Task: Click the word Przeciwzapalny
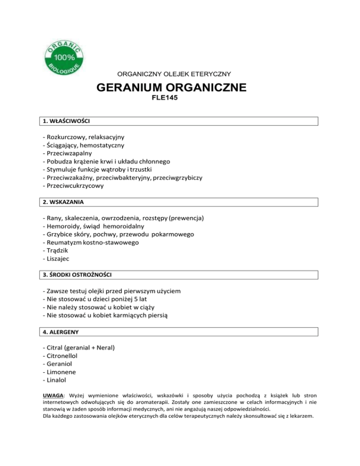tap(68, 153)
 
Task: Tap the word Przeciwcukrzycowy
tap(74, 185)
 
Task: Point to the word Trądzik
tap(59, 250)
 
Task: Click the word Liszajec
tap(59, 258)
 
